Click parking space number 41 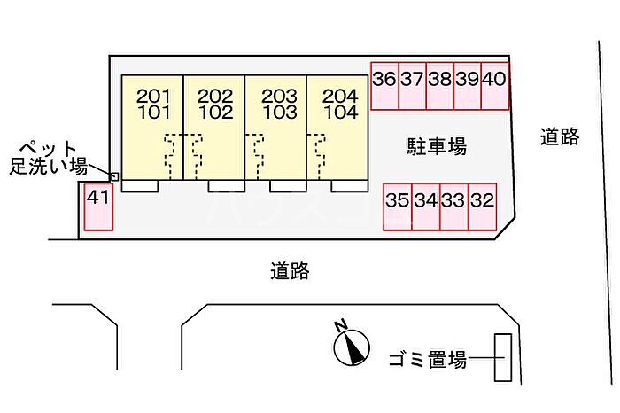click(x=97, y=206)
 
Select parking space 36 click(x=384, y=86)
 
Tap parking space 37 click(x=412, y=86)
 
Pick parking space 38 click(x=439, y=86)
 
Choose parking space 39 click(x=467, y=86)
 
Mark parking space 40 click(x=495, y=86)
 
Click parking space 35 click(x=397, y=207)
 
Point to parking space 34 click(x=425, y=207)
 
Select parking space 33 click(x=453, y=207)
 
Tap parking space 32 click(x=482, y=207)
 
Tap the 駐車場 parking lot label click(x=437, y=146)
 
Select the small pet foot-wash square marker click(x=113, y=175)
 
